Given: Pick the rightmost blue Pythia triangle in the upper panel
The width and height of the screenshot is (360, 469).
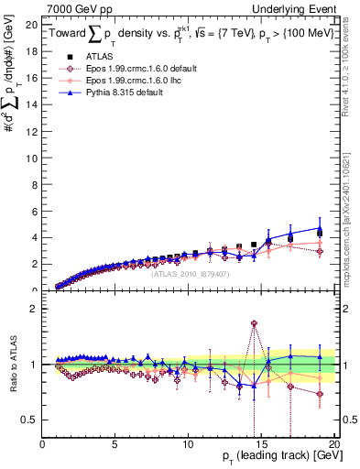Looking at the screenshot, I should (320, 228).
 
